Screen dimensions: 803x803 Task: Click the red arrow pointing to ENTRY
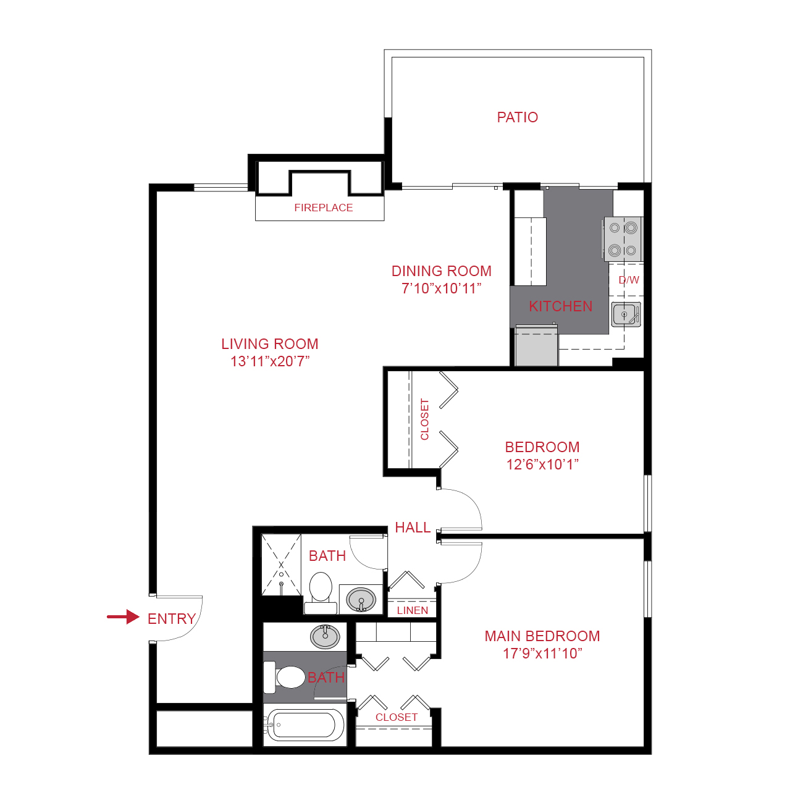click(123, 616)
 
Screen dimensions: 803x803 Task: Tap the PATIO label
click(517, 117)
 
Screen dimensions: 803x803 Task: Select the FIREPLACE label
click(323, 208)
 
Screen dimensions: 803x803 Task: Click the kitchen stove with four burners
click(623, 239)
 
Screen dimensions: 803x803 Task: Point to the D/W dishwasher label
click(629, 280)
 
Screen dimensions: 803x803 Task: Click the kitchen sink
click(625, 314)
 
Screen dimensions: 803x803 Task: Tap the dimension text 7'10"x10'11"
click(441, 288)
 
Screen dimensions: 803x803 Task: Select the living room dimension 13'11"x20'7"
click(270, 361)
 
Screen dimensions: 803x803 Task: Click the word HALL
click(413, 528)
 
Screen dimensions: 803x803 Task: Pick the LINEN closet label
click(412, 610)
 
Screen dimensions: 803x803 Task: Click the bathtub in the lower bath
click(306, 725)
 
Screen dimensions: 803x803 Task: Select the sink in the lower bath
click(325, 636)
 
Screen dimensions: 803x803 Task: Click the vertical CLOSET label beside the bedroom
click(424, 419)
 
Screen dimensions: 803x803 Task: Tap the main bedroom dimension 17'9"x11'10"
click(542, 654)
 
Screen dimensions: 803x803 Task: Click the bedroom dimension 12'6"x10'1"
click(542, 465)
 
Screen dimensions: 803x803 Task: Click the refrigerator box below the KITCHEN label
click(537, 347)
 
